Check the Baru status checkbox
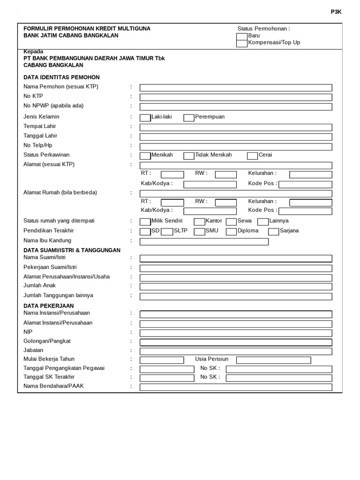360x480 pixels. [x=242, y=36]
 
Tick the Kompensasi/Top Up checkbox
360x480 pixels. [x=242, y=43]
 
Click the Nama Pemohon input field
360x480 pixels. [x=236, y=88]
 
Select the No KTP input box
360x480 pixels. [x=236, y=97]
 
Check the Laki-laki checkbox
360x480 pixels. [x=145, y=118]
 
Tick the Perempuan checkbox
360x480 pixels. [x=188, y=118]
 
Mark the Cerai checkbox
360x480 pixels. [x=252, y=156]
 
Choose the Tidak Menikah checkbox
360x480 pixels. [x=188, y=156]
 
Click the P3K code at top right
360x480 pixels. [x=337, y=12]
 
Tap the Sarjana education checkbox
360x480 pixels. [x=274, y=232]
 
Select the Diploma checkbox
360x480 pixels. [x=231, y=232]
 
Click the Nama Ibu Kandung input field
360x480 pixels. [x=204, y=242]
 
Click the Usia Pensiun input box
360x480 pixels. [x=273, y=360]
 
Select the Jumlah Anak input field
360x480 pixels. [x=236, y=286]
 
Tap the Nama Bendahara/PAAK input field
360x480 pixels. [x=236, y=387]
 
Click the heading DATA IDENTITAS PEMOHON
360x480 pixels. [x=61, y=77]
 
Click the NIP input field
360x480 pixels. [x=236, y=333]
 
